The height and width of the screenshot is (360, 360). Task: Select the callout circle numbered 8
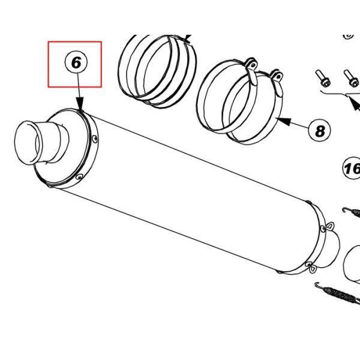(x=320, y=130)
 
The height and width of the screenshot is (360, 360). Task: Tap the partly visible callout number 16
(x=352, y=169)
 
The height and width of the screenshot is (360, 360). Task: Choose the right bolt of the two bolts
(x=347, y=76)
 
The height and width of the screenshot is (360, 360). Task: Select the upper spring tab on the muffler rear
(x=327, y=226)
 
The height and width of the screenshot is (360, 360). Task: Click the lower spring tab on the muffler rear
(x=310, y=264)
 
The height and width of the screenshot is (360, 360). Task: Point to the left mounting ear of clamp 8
(x=251, y=64)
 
